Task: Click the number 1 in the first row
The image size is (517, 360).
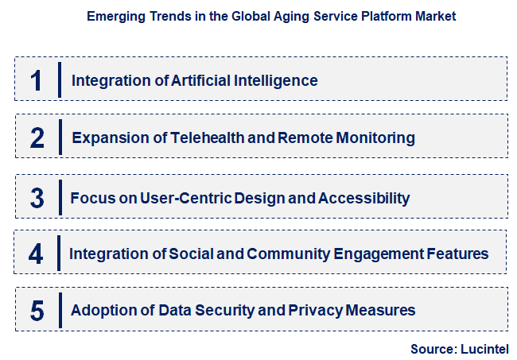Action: coord(36,80)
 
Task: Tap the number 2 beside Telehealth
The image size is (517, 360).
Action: coord(37,137)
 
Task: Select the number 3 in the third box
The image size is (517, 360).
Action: coord(37,197)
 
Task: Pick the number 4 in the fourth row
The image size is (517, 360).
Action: coord(36,254)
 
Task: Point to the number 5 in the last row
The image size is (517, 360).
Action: coord(37,310)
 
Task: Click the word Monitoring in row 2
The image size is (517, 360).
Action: coord(369,137)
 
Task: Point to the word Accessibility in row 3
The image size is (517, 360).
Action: coord(363,197)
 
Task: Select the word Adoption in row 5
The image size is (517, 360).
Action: coord(99,310)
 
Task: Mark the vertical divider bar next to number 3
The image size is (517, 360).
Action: coord(60,197)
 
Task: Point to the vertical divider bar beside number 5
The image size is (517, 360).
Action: coord(60,310)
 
